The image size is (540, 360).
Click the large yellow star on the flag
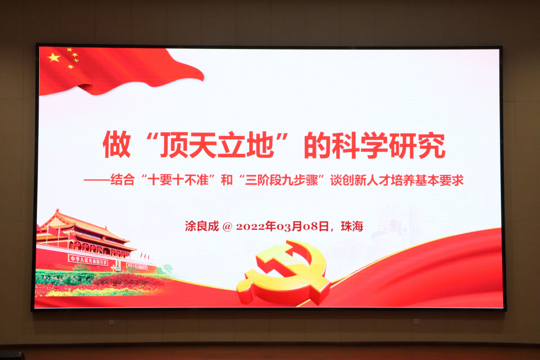tap(54, 58)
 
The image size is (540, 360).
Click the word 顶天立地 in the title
tap(218, 145)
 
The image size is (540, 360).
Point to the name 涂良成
tap(202, 226)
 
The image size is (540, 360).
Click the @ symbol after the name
tap(227, 227)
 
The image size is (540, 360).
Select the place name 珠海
tap(352, 226)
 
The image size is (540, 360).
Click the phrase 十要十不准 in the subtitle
tap(178, 180)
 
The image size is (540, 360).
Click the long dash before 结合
tap(97, 180)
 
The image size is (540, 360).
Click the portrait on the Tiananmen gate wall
tap(118, 265)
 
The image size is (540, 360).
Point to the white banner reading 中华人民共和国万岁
tap(88, 261)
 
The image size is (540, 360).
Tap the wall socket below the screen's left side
tap(111, 322)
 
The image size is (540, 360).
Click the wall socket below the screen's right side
tap(417, 321)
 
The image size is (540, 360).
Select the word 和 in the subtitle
tap(227, 180)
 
